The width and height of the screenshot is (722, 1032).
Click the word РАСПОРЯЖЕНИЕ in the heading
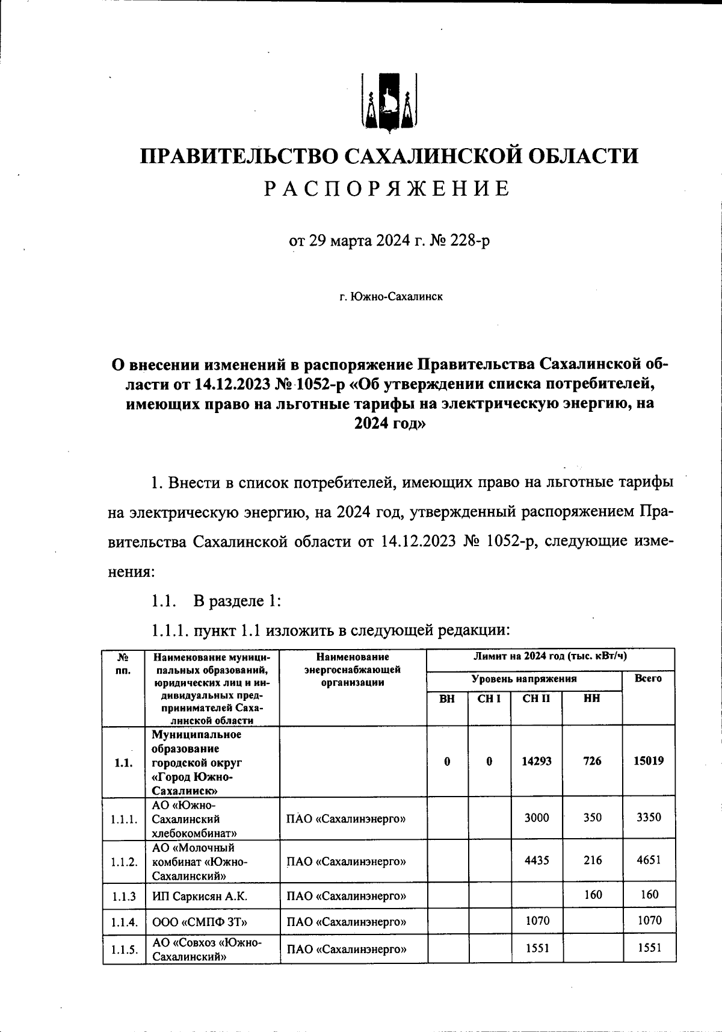point(387,189)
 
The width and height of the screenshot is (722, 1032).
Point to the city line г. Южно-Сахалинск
point(390,297)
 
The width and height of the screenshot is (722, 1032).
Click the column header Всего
point(648,679)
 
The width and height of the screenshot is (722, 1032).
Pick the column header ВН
point(447,699)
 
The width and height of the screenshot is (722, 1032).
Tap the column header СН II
point(536,698)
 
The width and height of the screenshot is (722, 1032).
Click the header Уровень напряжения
point(523,679)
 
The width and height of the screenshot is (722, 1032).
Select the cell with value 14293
point(536,761)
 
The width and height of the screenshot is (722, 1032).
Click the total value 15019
point(649,761)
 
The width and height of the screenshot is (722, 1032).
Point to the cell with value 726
point(592,761)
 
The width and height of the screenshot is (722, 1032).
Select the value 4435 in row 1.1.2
point(536,860)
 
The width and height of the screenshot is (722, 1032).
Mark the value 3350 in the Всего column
point(649,818)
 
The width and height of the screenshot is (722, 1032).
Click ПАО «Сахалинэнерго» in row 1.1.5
point(346,950)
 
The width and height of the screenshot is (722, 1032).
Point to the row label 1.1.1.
point(124,819)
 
